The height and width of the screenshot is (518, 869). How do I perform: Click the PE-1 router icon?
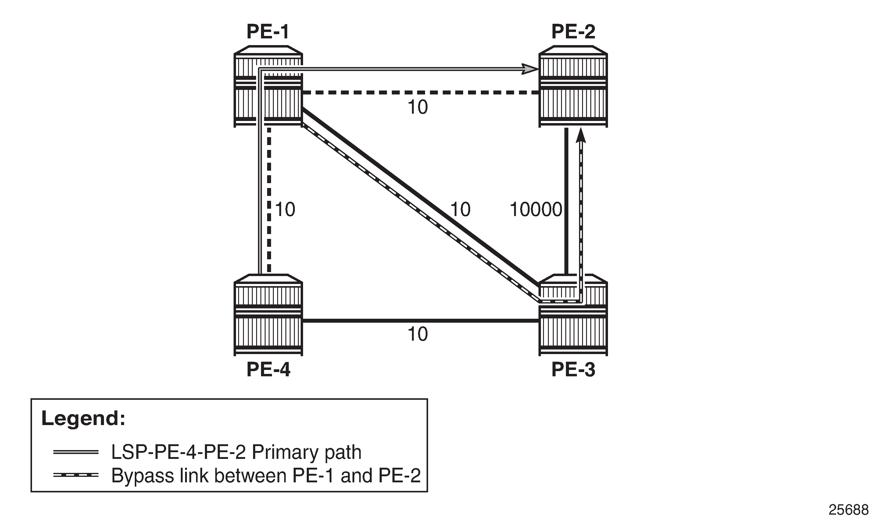(268, 86)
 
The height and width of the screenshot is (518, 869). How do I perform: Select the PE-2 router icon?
(573, 86)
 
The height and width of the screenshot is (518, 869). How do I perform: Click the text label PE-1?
(268, 31)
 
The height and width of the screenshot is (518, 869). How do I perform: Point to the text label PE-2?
(573, 31)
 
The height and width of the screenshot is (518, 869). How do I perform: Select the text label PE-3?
(573, 370)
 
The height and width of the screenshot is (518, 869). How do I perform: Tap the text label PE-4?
(268, 370)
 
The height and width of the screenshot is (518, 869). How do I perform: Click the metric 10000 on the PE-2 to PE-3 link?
(536, 210)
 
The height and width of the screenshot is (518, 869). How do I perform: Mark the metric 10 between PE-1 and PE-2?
(418, 107)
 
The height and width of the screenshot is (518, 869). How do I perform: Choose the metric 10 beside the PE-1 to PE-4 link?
(285, 209)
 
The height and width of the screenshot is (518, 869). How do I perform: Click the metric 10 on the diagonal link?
(460, 209)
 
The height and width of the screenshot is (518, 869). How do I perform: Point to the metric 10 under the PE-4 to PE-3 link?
(418, 334)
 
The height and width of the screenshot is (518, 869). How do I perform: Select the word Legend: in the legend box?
(83, 418)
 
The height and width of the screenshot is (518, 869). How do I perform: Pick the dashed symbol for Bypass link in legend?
(76, 475)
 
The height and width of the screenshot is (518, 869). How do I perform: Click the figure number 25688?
(848, 510)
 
